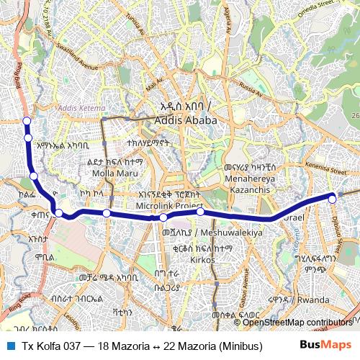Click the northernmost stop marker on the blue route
[x=27, y=121]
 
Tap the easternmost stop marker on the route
[x=332, y=198]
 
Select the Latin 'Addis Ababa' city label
[x=186, y=120]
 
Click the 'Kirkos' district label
[x=202, y=259]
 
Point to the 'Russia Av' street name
[x=253, y=88]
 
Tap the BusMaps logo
[x=325, y=345]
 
